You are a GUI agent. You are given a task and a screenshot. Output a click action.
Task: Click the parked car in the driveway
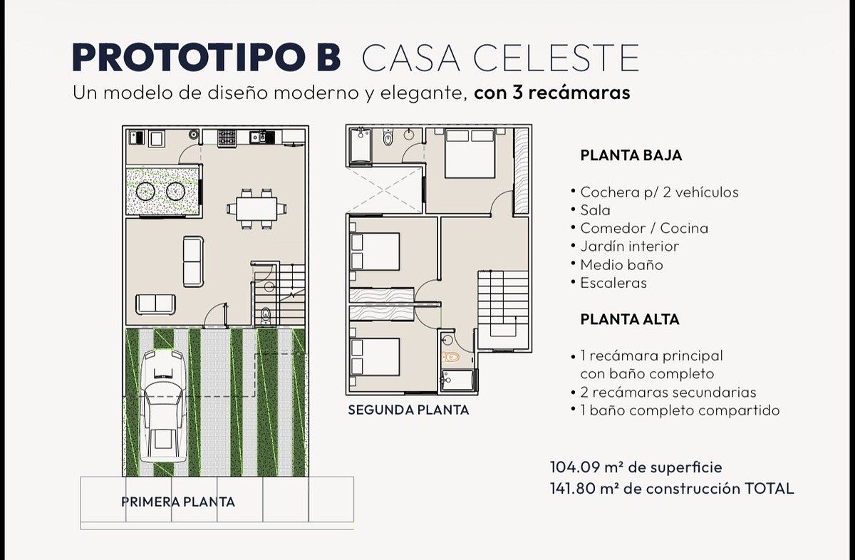point(164,406)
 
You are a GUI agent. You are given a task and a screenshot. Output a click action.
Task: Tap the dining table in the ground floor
point(256,209)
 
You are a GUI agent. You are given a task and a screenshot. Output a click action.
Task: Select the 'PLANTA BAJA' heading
point(631,155)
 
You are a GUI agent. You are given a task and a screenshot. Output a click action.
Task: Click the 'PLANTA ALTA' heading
point(630,319)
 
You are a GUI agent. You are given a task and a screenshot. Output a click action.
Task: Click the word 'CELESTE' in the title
point(556,58)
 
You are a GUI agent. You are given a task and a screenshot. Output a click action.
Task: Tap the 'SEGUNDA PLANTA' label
point(408,410)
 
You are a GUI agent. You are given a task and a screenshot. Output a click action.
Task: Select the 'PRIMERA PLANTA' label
point(178,502)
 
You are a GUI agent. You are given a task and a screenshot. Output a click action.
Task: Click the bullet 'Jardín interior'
point(629,247)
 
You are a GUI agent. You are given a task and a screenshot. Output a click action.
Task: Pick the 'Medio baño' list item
point(621,264)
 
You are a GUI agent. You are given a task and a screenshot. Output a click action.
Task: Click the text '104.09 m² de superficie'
point(636,467)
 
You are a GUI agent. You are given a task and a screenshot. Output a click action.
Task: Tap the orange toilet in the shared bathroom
point(451,357)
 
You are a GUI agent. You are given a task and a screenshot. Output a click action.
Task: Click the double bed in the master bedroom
point(470,153)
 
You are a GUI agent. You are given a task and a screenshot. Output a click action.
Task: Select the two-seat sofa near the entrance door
point(156,304)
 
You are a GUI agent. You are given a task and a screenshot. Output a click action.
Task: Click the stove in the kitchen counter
point(227,138)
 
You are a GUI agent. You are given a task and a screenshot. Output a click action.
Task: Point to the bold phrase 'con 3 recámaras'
point(552,93)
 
